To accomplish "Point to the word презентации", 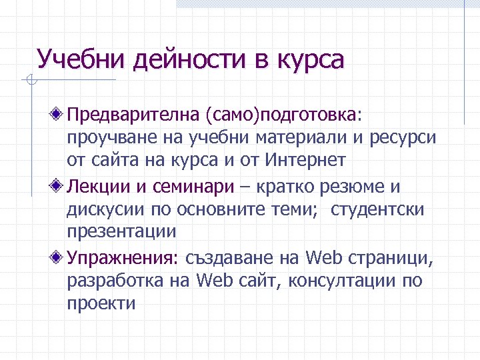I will point(121,233).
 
